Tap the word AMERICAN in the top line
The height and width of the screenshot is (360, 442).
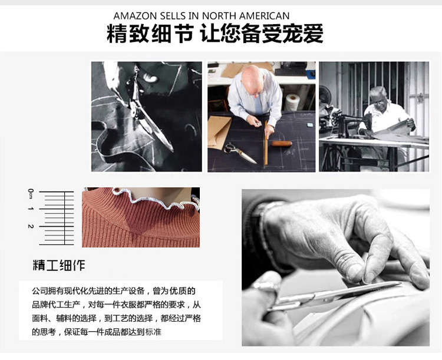[x=265, y=16]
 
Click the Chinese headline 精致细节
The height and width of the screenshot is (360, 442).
[x=150, y=34]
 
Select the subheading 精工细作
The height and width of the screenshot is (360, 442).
[x=59, y=265]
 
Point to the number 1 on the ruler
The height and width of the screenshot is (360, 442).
[x=31, y=209]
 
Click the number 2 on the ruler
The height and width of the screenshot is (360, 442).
[x=31, y=226]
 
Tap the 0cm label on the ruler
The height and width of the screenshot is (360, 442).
[x=31, y=193]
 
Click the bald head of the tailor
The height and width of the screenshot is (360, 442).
[x=252, y=78]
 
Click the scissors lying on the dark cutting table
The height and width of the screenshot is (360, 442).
[x=240, y=153]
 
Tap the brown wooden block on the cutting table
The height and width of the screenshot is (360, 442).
[x=282, y=144]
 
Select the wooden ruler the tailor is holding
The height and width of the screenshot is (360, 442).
[x=266, y=143]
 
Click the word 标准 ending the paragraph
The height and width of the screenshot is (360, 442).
[x=153, y=332]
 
